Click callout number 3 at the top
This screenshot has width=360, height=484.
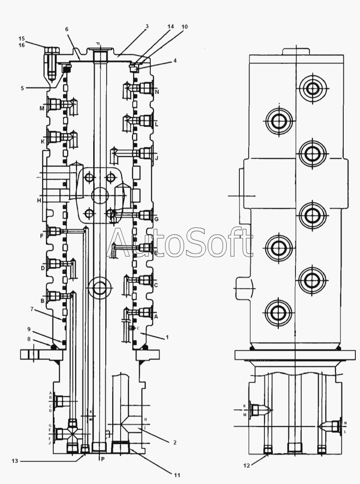point(147,26)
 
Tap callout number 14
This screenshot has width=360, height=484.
point(171,26)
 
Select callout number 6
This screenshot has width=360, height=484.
point(67,29)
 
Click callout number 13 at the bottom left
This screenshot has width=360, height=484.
point(16,461)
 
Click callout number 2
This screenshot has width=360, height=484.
point(175,442)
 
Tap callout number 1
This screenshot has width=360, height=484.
point(167,338)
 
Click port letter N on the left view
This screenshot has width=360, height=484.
point(157,92)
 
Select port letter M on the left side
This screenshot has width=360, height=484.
point(42,109)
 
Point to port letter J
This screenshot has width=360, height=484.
point(157,158)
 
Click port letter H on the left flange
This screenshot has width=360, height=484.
point(40,200)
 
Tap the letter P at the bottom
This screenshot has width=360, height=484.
point(103,459)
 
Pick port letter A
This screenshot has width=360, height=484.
point(156,316)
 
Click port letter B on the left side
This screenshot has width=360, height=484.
point(42,300)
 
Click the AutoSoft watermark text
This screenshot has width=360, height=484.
point(181,242)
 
